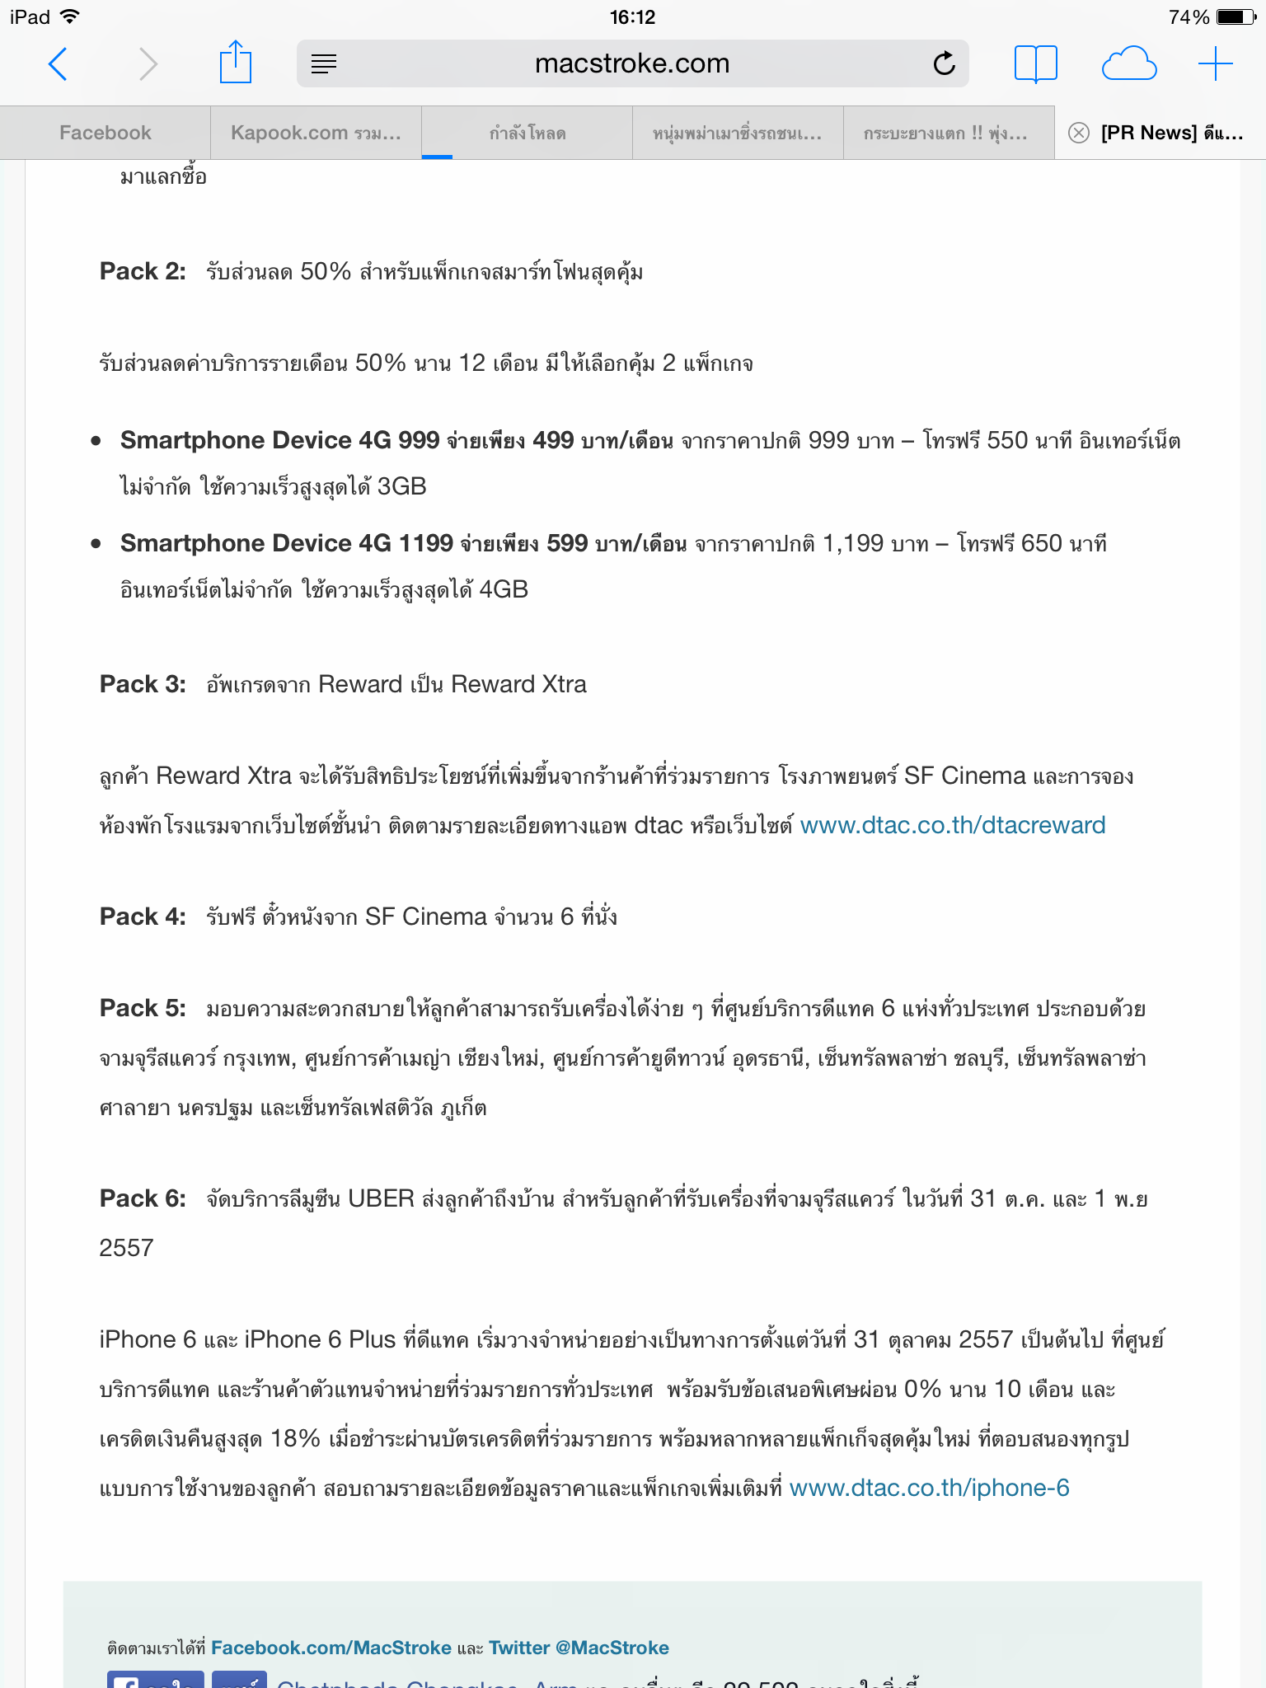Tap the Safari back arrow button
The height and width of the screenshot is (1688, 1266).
click(58, 63)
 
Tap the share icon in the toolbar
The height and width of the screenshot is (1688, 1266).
click(235, 63)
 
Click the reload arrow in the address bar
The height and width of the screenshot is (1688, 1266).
click(945, 63)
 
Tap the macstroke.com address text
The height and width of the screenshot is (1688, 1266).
click(632, 63)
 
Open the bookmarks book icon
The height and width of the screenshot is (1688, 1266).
click(1035, 63)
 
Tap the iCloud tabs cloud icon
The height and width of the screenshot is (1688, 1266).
click(1128, 63)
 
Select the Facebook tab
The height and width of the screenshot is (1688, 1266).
click(105, 133)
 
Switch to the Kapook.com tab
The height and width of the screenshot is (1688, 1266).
click(316, 133)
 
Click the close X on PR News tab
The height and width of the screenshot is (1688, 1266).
click(1079, 133)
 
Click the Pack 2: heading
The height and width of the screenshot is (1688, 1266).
click(143, 271)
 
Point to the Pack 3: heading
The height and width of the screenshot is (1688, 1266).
click(143, 684)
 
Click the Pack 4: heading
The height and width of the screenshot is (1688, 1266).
click(143, 917)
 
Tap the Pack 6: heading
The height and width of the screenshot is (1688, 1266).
click(143, 1198)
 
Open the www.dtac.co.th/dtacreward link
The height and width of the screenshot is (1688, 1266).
click(953, 825)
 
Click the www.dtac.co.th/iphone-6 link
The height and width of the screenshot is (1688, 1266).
click(929, 1488)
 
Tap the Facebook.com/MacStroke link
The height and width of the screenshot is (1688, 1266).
click(331, 1648)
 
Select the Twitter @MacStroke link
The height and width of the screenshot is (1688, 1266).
click(579, 1648)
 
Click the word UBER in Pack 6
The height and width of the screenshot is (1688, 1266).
click(381, 1198)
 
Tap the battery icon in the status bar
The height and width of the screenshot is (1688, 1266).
click(1236, 17)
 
